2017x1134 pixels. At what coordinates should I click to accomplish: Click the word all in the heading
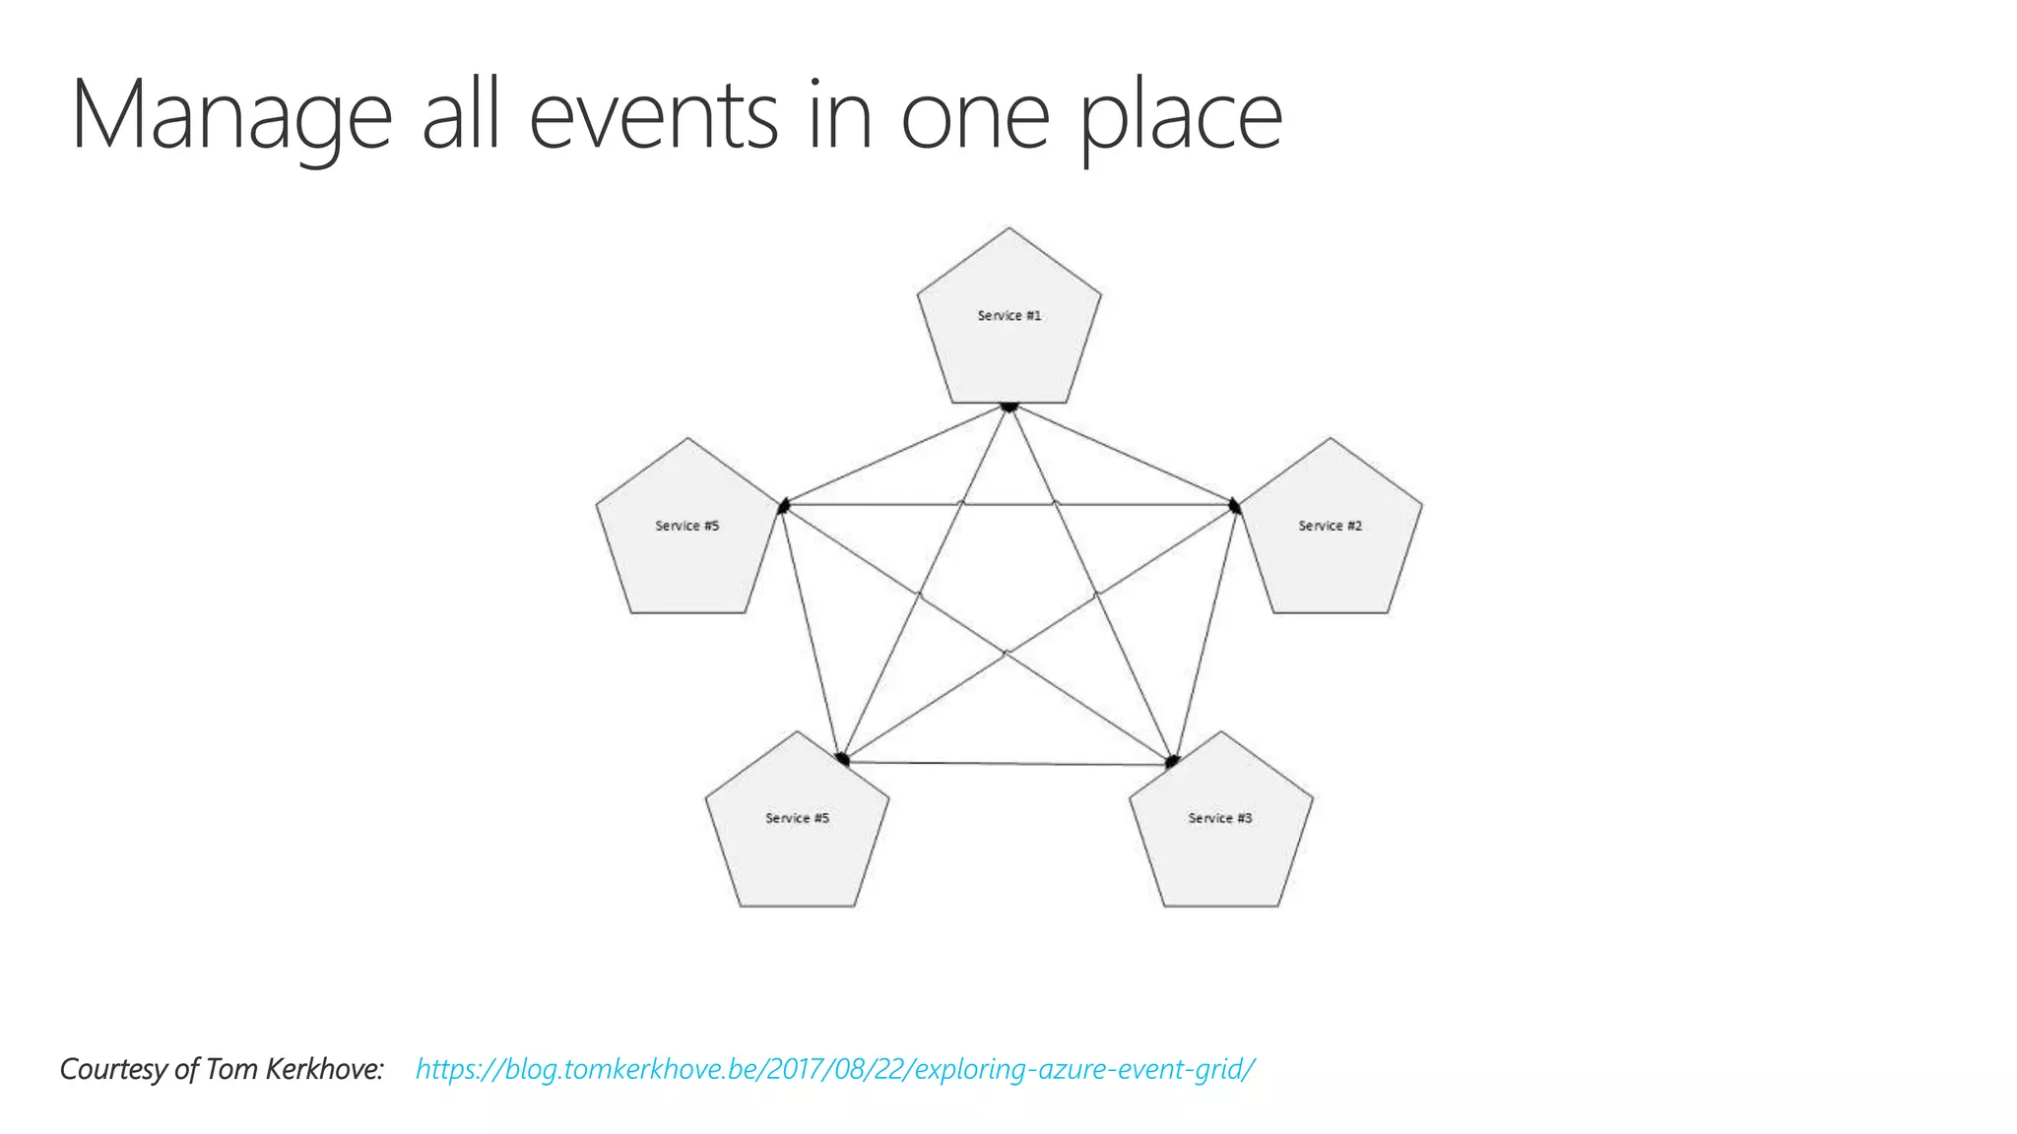(x=460, y=116)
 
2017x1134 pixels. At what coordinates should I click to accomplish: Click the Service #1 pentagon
(x=1008, y=335)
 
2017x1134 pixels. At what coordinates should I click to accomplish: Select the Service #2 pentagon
(x=1331, y=551)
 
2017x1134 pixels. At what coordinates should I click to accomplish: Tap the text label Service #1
(x=1008, y=316)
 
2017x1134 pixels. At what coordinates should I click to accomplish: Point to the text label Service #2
(x=1330, y=526)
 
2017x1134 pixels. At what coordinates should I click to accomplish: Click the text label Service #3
(x=1219, y=818)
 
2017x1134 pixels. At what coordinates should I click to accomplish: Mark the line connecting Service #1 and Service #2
(x=1123, y=456)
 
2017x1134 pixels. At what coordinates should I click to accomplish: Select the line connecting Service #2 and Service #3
(x=1204, y=635)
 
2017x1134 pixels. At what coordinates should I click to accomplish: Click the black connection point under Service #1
(x=1008, y=406)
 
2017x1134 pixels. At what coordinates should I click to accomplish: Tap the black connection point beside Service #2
(x=1235, y=506)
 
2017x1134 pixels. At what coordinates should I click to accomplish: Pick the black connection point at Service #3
(x=1172, y=762)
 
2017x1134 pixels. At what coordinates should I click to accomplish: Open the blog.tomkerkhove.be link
(x=834, y=1069)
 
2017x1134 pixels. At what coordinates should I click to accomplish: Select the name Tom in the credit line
(x=232, y=1069)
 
